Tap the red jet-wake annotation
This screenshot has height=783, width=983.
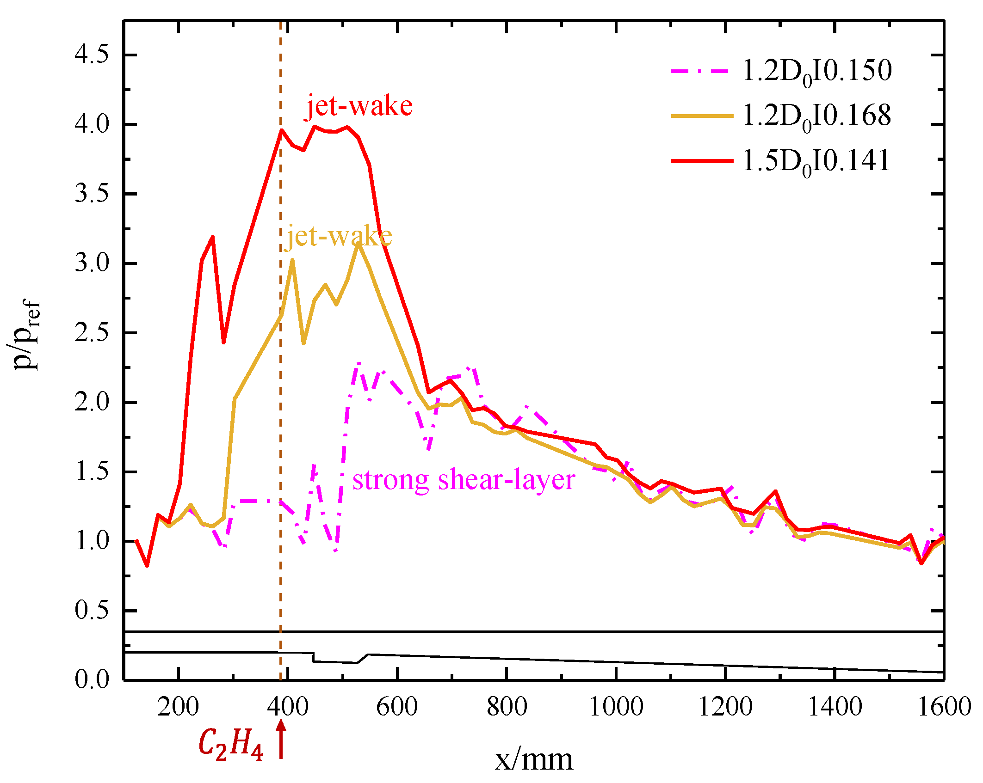point(359,106)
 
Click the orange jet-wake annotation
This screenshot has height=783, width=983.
point(339,236)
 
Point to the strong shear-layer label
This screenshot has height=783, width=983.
point(464,480)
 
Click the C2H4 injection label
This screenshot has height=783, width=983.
point(231,744)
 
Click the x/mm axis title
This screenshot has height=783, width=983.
point(533,759)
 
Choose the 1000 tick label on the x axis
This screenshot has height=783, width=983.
point(616,707)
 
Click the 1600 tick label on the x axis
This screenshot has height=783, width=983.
point(944,707)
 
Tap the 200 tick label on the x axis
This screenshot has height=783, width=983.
point(178,707)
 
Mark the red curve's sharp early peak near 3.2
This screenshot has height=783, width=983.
point(212,237)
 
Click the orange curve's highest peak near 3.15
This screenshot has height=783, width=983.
point(359,243)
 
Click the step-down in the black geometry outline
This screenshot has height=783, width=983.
point(314,657)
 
